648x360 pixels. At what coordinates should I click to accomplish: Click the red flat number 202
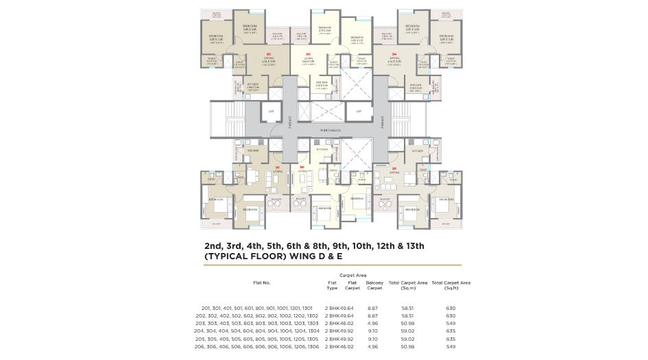pyautogui.click(x=269, y=53)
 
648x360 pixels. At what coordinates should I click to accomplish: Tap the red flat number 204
pyautogui.click(x=394, y=53)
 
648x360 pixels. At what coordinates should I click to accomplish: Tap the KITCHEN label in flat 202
pyautogui.click(x=253, y=86)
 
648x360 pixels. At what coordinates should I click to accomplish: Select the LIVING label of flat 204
pyautogui.click(x=394, y=59)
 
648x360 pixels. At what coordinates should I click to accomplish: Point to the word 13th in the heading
pyautogui.click(x=414, y=245)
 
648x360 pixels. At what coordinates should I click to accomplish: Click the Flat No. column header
pyautogui.click(x=262, y=283)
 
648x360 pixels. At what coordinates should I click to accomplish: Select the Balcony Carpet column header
pyautogui.click(x=374, y=285)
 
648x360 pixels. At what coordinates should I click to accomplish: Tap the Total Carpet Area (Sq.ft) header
pyautogui.click(x=451, y=285)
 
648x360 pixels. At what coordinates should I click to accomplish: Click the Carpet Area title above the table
pyautogui.click(x=352, y=275)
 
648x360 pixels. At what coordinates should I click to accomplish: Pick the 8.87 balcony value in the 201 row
pyautogui.click(x=373, y=309)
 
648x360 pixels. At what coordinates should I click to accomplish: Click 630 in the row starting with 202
pyautogui.click(x=451, y=316)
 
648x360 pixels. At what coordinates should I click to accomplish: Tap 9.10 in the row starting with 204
pyautogui.click(x=373, y=331)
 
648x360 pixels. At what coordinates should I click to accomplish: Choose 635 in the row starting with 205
pyautogui.click(x=451, y=339)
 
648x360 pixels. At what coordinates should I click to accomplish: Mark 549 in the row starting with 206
pyautogui.click(x=451, y=347)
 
